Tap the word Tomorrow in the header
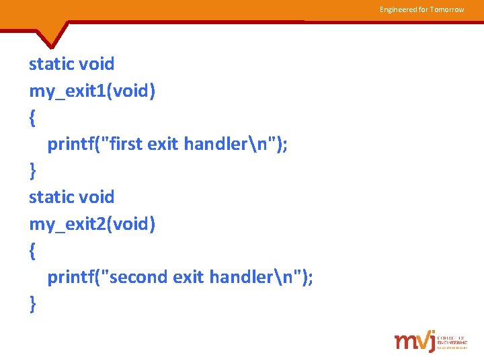pos(446,9)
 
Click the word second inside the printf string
pos(137,277)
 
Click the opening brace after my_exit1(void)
pos(32,118)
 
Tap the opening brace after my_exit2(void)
pos(32,251)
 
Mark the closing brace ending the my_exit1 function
pos(32,171)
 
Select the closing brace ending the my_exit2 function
pos(32,305)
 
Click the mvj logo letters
pos(414,341)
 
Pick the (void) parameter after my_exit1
pos(134,91)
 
